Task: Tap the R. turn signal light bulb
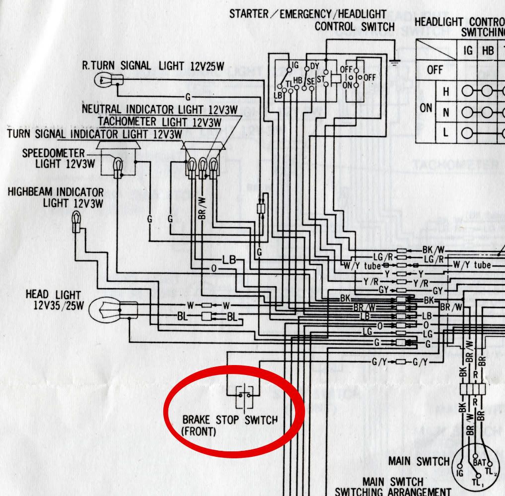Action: [x=106, y=78]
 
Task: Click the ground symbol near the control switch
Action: [x=395, y=62]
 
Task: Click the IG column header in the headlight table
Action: [x=468, y=51]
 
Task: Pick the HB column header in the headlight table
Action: [x=488, y=51]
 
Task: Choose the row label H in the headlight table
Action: [x=446, y=92]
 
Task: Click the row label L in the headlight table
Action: [x=446, y=132]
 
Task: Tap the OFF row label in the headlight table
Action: [x=435, y=71]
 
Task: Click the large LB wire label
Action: [x=230, y=259]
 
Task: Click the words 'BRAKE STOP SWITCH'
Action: [x=223, y=421]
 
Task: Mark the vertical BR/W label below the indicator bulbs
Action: [x=201, y=208]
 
